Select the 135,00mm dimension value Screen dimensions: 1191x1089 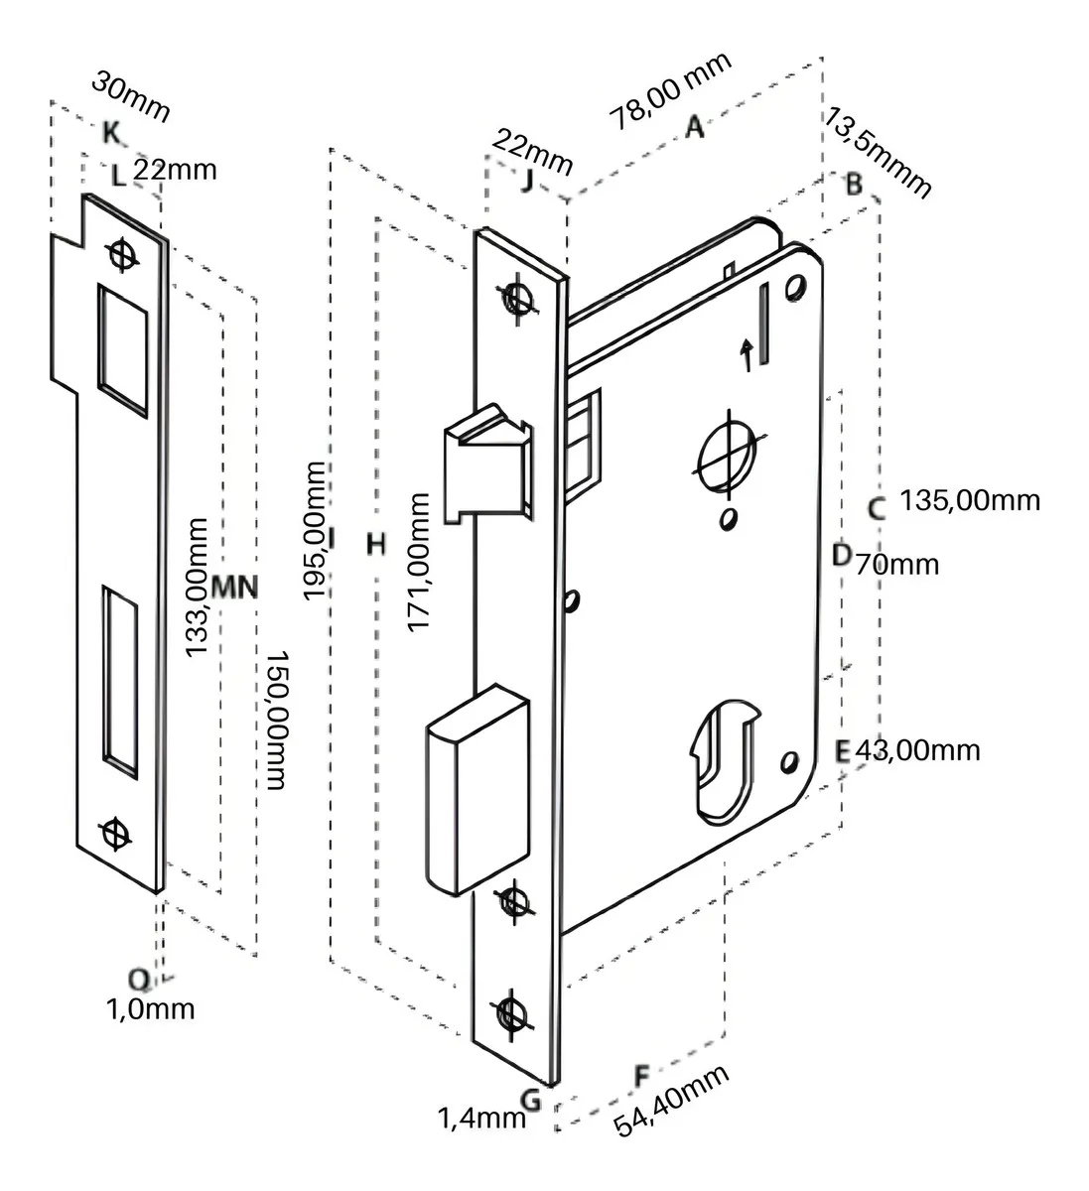970,499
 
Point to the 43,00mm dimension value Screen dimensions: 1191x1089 917,749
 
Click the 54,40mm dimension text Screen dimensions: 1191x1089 672,1101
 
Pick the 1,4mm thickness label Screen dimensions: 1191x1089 481,1119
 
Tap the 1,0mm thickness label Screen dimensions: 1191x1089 150,1010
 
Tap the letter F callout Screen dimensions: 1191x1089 641,1076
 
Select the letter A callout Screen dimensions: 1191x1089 695,127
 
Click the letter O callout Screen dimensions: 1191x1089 140,980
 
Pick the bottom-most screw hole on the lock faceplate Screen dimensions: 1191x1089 512,1013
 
